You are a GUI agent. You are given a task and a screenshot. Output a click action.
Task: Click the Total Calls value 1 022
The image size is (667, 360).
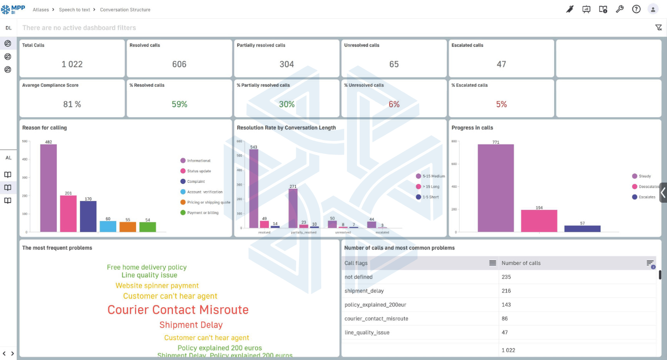tap(72, 64)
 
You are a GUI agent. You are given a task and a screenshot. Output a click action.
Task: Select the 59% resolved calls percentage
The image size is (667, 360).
tap(179, 104)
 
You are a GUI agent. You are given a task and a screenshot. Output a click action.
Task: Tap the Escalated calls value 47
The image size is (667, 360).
tap(501, 64)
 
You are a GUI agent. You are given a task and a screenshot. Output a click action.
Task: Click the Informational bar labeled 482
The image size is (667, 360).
tap(48, 188)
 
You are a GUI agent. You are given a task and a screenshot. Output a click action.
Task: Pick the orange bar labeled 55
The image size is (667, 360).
tap(127, 227)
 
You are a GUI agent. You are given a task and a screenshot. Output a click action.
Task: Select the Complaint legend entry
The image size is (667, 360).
tap(196, 182)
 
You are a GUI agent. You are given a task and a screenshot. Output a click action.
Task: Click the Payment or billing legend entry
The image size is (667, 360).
tap(202, 213)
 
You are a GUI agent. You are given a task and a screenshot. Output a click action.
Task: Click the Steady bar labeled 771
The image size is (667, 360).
tap(495, 188)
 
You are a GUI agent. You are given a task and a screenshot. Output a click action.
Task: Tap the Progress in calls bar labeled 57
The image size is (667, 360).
tap(582, 228)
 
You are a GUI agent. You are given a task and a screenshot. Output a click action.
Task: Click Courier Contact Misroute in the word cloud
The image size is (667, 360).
tap(178, 310)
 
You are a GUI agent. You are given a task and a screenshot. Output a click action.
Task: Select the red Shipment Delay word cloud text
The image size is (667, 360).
tap(191, 325)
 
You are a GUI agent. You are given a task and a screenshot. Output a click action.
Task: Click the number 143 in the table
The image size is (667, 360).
tap(507, 305)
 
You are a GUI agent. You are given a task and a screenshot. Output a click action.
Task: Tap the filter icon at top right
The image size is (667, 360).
tap(659, 28)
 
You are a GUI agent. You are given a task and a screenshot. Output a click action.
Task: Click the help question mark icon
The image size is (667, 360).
tap(636, 9)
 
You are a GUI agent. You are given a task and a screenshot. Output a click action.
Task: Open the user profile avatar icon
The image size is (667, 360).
tap(653, 9)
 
